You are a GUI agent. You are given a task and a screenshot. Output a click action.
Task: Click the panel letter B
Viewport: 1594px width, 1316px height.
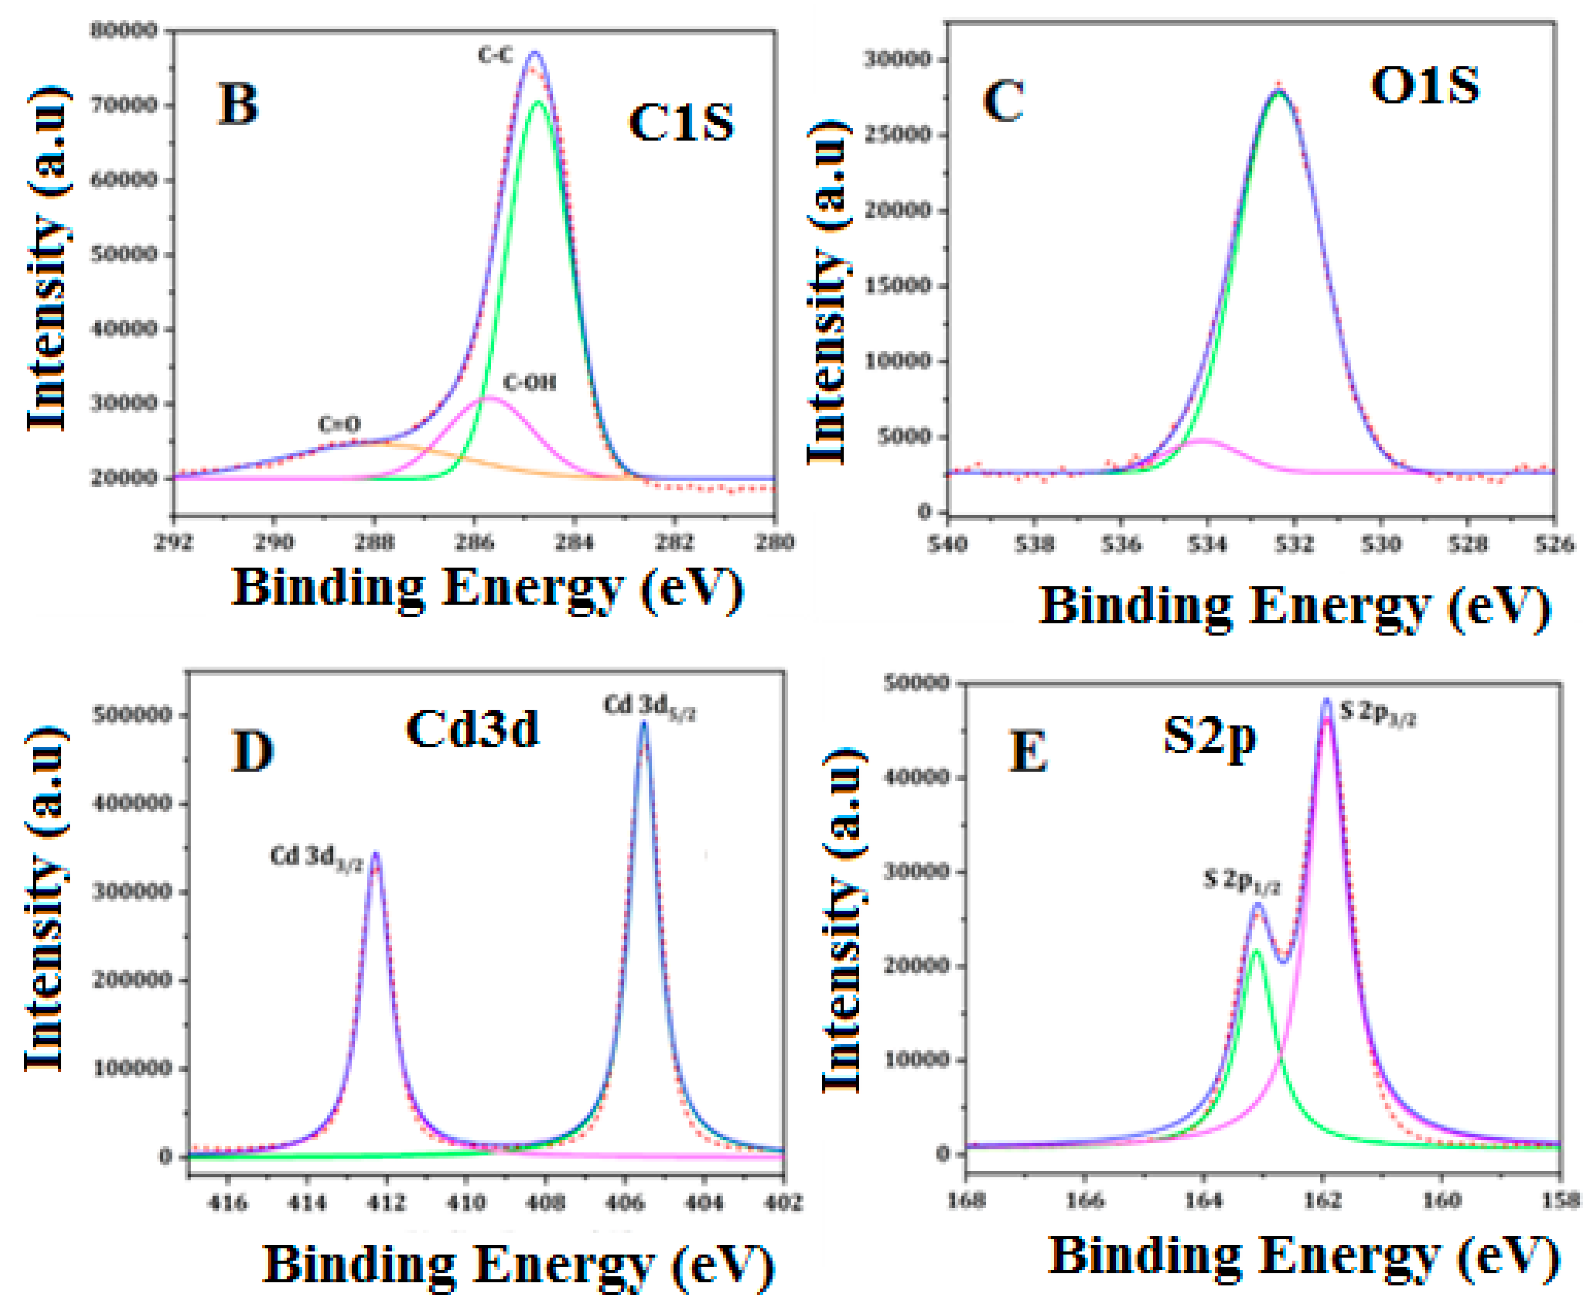(x=237, y=104)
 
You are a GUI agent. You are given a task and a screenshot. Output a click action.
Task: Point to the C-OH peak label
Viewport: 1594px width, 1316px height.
(x=529, y=383)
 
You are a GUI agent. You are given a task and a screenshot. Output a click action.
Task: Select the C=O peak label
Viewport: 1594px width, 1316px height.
(x=339, y=425)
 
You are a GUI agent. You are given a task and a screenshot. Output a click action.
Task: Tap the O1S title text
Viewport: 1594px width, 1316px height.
(x=1424, y=85)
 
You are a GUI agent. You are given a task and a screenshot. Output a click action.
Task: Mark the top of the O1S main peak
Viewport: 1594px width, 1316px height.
(x=1279, y=91)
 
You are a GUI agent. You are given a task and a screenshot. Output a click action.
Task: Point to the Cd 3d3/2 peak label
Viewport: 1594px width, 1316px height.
(x=316, y=857)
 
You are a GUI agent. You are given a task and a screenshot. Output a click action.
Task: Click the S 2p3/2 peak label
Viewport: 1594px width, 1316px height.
(x=1377, y=711)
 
